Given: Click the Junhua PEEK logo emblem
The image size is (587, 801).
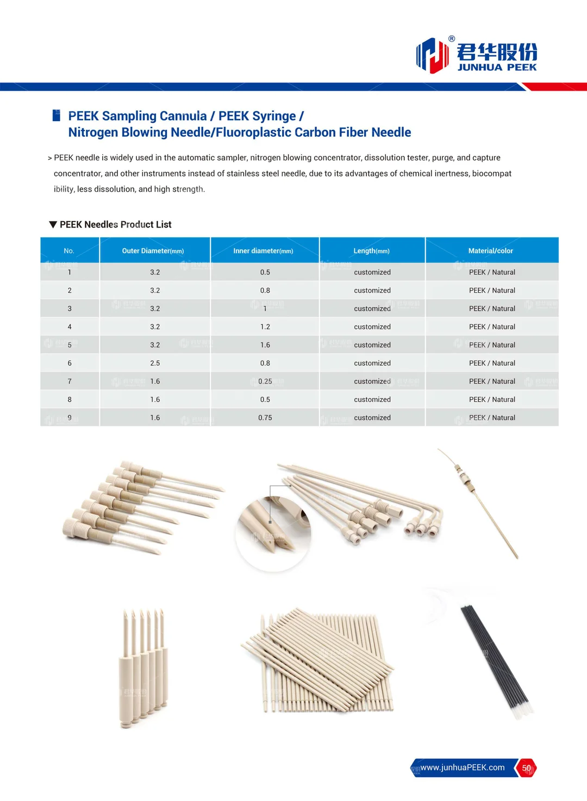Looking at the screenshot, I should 432,55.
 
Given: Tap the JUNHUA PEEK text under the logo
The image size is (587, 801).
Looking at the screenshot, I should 497,67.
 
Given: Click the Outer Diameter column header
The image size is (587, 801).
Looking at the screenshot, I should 153,251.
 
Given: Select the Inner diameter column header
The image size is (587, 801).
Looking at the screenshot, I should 263,251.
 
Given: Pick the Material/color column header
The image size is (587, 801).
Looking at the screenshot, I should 490,251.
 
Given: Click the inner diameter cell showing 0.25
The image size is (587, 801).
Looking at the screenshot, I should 265,381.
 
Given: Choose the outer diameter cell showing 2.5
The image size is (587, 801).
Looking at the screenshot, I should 155,363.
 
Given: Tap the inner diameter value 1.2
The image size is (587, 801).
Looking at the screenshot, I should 265,327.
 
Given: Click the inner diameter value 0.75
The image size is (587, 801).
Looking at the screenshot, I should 265,418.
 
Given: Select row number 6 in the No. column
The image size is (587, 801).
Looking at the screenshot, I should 70,363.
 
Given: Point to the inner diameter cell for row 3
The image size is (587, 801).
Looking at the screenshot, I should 265,308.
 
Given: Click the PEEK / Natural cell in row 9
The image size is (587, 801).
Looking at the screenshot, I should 492,418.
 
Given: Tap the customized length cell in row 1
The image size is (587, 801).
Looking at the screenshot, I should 372,272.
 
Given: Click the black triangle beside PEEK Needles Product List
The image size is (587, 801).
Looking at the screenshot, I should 53,224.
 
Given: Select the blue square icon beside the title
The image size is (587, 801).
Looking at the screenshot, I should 56,115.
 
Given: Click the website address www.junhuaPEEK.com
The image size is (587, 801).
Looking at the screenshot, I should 463,767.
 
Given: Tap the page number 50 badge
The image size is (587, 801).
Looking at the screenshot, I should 526,768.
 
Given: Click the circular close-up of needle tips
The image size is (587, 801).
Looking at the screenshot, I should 273,534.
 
